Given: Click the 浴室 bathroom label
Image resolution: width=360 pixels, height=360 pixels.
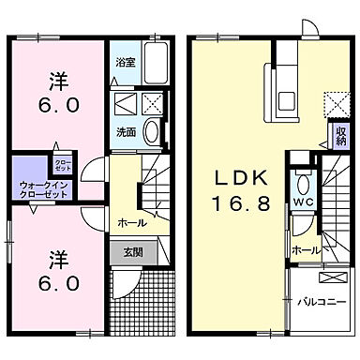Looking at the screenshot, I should click(x=124, y=63).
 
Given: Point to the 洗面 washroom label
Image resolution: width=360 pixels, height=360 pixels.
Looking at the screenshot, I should click(x=125, y=132).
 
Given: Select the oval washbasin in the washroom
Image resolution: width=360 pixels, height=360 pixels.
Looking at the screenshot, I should click(x=153, y=132).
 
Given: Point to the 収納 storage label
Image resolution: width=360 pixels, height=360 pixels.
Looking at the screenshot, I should click(x=338, y=136).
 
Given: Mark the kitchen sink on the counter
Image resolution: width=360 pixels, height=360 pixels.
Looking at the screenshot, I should click(x=287, y=89).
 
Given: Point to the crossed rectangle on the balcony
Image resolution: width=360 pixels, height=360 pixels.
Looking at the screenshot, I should click(x=332, y=278).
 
